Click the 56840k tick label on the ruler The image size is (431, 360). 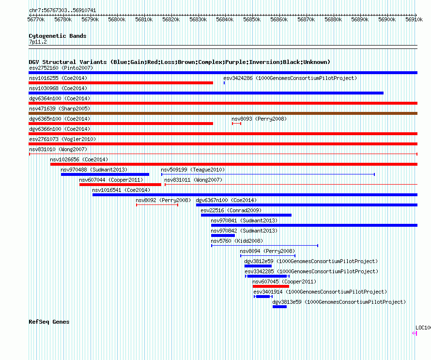click(x=225, y=19)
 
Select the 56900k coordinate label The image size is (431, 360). click(x=387, y=19)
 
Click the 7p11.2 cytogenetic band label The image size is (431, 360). click(x=38, y=42)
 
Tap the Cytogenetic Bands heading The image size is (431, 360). click(x=58, y=36)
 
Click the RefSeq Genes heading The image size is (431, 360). click(x=49, y=322)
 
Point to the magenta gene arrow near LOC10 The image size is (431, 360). click(x=415, y=333)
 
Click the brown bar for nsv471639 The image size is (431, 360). click(x=223, y=113)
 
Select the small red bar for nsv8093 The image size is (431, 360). click(x=236, y=124)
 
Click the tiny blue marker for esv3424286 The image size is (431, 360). click(x=224, y=83)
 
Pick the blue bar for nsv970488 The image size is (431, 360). click(x=105, y=174)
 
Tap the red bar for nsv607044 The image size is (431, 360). click(x=120, y=185)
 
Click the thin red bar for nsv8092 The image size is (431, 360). click(x=157, y=205)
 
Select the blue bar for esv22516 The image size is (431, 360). click(x=246, y=215)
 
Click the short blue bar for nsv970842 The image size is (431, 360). click(x=223, y=235)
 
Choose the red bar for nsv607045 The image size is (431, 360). click(x=271, y=286)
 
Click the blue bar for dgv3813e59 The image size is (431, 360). click(x=279, y=307)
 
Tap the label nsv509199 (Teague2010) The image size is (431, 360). click(x=193, y=170)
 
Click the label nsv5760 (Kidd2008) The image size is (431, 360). click(x=237, y=241)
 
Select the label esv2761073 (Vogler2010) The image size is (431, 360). click(x=62, y=139)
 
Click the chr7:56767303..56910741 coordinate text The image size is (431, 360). click(x=62, y=10)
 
